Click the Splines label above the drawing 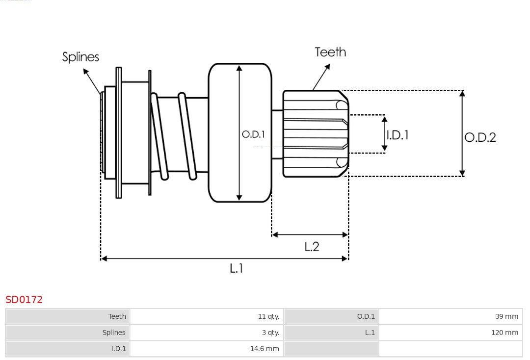[80, 57]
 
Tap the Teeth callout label [330, 52]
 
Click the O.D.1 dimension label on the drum [253, 134]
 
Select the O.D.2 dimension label [480, 137]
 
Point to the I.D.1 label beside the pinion [397, 135]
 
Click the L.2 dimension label [312, 247]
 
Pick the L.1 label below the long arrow [237, 268]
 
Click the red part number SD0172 [24, 300]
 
